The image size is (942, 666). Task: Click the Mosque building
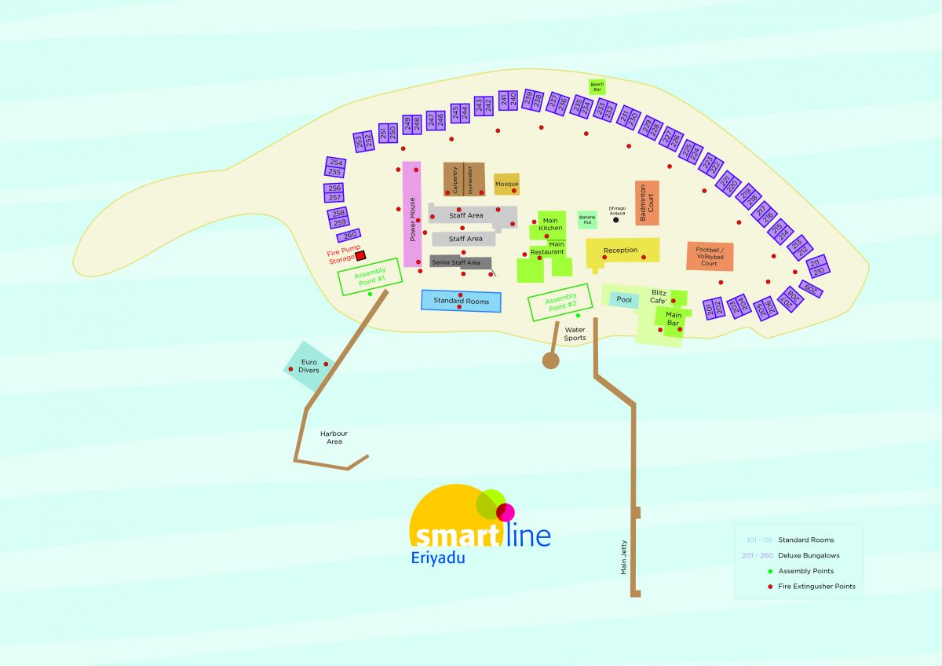point(506,184)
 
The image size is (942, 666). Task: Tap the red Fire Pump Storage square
point(360,255)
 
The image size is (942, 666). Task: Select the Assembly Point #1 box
point(370,276)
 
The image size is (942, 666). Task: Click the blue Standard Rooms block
point(461,301)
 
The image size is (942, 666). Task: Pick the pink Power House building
point(412,214)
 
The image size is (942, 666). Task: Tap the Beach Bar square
point(597,86)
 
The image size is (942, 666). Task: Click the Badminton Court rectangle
point(647,203)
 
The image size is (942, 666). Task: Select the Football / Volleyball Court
point(710,257)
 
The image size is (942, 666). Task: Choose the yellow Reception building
point(623,251)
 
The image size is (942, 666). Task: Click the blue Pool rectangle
point(624,299)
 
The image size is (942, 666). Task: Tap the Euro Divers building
point(309,366)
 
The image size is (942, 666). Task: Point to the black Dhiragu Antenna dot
point(615,220)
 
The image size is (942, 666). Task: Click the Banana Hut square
point(587,219)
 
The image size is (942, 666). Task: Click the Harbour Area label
point(334,437)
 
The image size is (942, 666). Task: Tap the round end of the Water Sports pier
point(550,360)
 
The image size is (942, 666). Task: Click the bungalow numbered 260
point(349,235)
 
